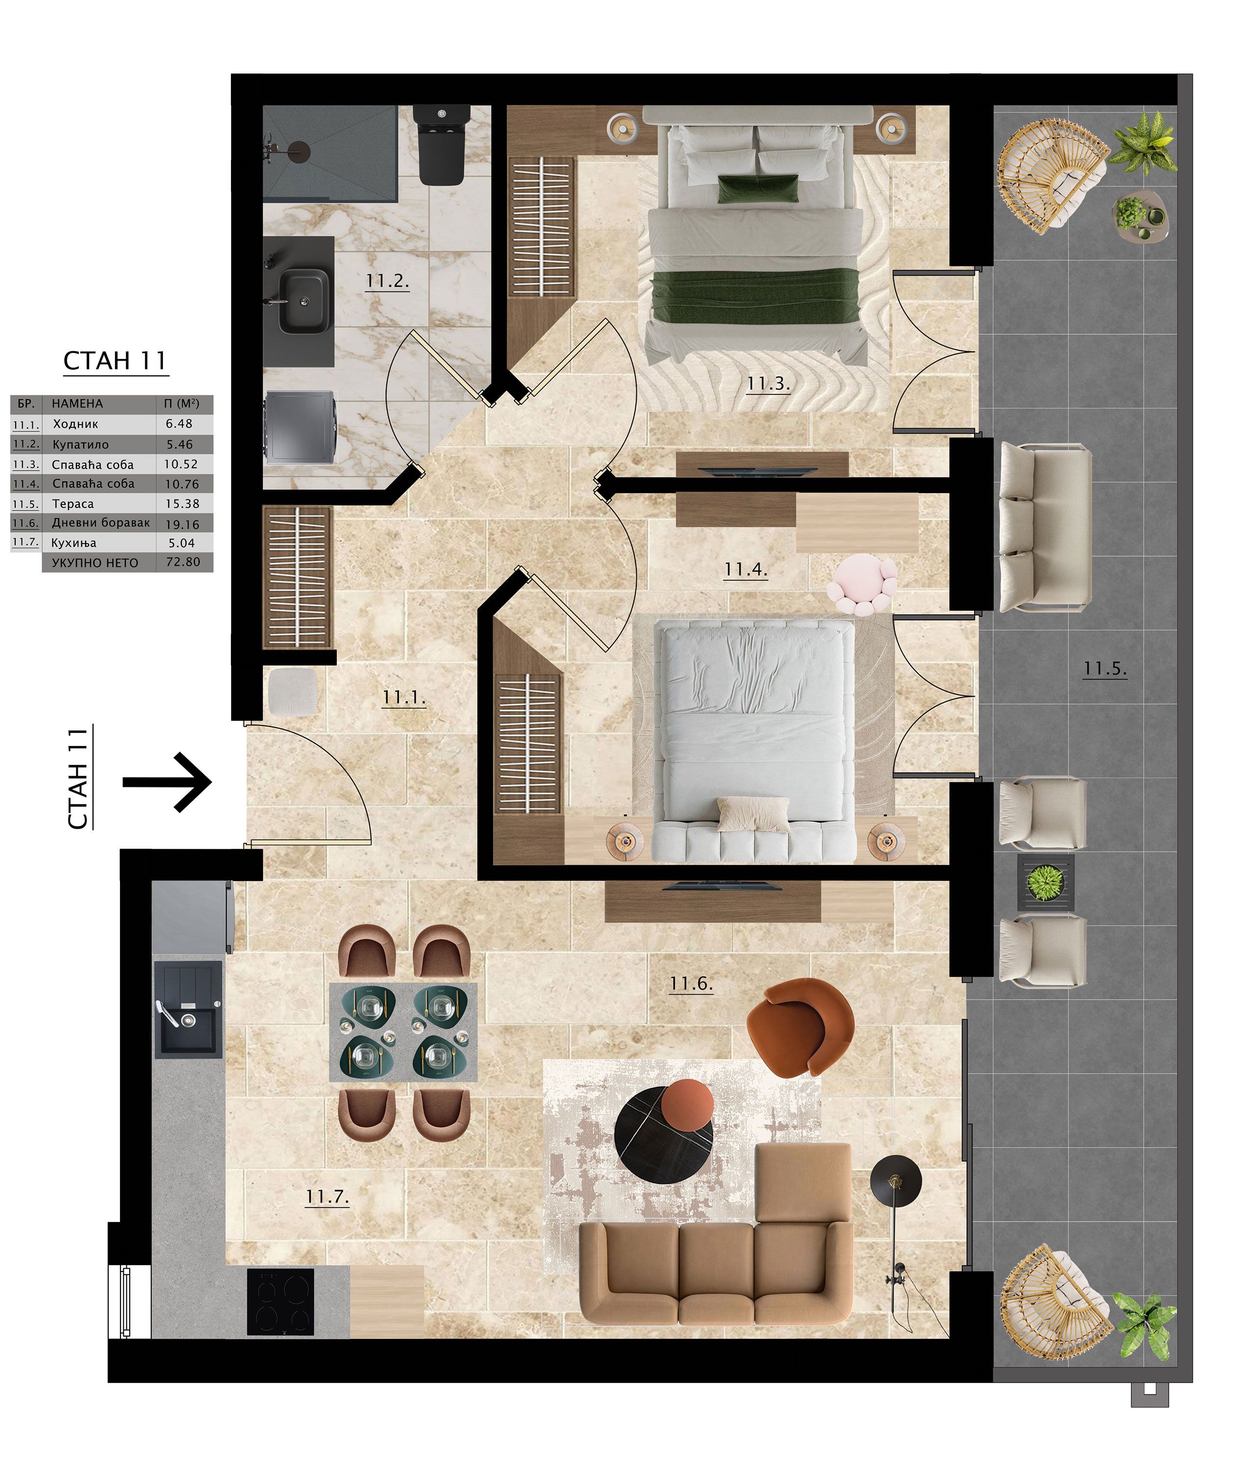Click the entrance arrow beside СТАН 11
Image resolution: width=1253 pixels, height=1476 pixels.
167,782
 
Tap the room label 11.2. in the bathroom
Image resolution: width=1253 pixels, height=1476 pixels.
387,281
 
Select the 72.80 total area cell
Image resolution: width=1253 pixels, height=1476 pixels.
183,562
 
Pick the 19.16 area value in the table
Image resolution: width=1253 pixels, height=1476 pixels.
183,524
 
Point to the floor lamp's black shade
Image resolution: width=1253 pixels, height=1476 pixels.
896,1181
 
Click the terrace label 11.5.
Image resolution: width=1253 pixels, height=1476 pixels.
1105,668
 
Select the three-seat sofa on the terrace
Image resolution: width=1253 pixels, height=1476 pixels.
1044,527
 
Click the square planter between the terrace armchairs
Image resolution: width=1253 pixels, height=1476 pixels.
1045,883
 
